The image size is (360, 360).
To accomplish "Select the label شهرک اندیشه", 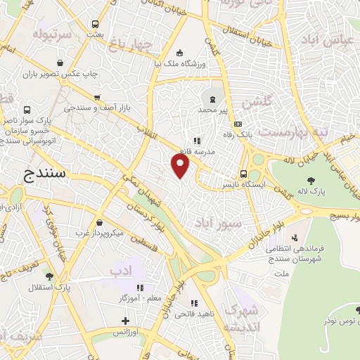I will point(240,319).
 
